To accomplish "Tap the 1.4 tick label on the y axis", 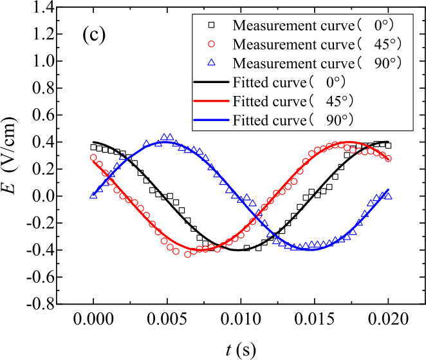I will click(x=40, y=7).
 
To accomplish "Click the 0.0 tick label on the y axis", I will click(x=40, y=196).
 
